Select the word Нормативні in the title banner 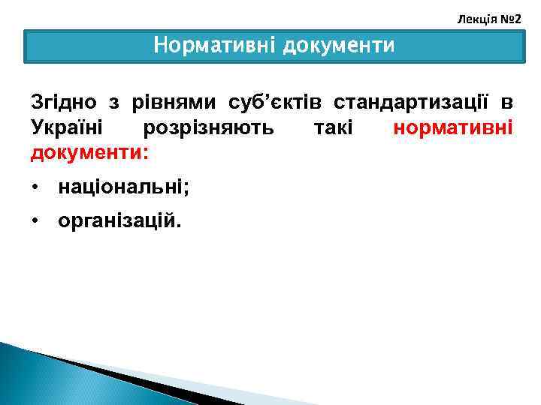(215, 46)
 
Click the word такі (333, 127)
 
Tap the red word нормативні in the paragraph (453, 127)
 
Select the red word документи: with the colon (89, 153)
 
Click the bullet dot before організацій (35, 222)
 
